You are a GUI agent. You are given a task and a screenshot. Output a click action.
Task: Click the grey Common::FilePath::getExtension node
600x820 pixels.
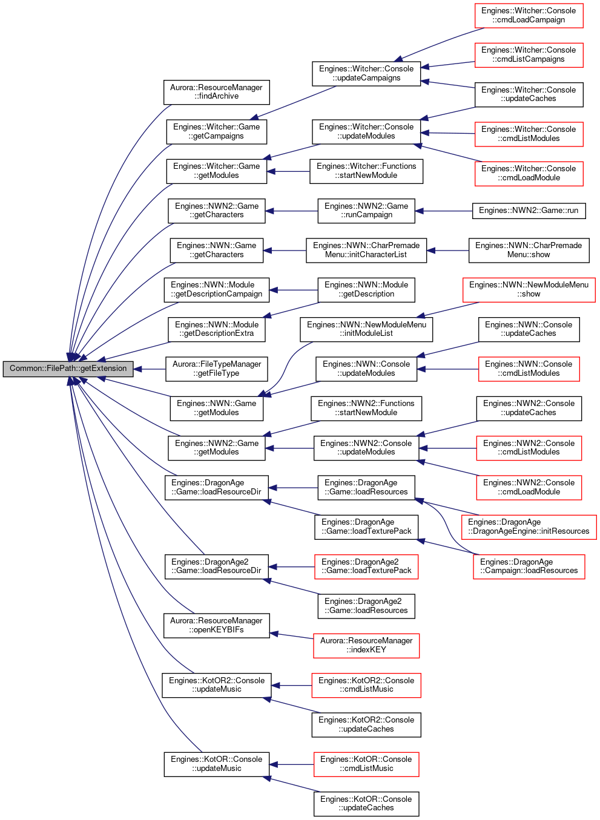click(68, 369)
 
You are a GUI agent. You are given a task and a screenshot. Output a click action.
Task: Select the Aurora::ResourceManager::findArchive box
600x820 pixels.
click(217, 92)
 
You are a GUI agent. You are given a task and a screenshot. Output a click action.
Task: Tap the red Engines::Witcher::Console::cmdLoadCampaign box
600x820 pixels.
click(529, 16)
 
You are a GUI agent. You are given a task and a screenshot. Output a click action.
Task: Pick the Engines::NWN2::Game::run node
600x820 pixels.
click(529, 211)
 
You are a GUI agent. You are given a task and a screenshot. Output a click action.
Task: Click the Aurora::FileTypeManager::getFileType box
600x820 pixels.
click(217, 369)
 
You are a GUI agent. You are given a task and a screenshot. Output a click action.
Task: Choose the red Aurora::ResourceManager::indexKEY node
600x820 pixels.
click(366, 646)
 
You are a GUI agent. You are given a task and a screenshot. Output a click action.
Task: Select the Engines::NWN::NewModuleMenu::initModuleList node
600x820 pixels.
click(366, 329)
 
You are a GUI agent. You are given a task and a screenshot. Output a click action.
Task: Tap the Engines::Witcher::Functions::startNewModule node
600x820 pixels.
click(366, 171)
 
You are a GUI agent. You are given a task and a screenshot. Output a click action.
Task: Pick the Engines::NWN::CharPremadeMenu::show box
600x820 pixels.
click(529, 251)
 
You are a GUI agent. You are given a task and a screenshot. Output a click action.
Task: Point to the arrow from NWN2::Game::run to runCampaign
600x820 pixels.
click(444, 211)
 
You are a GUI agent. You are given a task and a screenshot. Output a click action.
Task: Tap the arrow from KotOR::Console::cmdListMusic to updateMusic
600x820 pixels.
click(292, 764)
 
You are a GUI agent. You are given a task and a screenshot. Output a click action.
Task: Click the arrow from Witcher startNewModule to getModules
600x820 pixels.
click(288, 171)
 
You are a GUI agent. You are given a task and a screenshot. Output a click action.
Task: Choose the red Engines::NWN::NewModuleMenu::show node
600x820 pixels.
click(529, 290)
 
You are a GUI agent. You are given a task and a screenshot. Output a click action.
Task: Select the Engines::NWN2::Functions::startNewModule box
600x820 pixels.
click(366, 408)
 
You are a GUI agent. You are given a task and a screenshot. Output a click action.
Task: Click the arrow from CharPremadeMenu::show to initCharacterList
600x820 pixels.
click(447, 251)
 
